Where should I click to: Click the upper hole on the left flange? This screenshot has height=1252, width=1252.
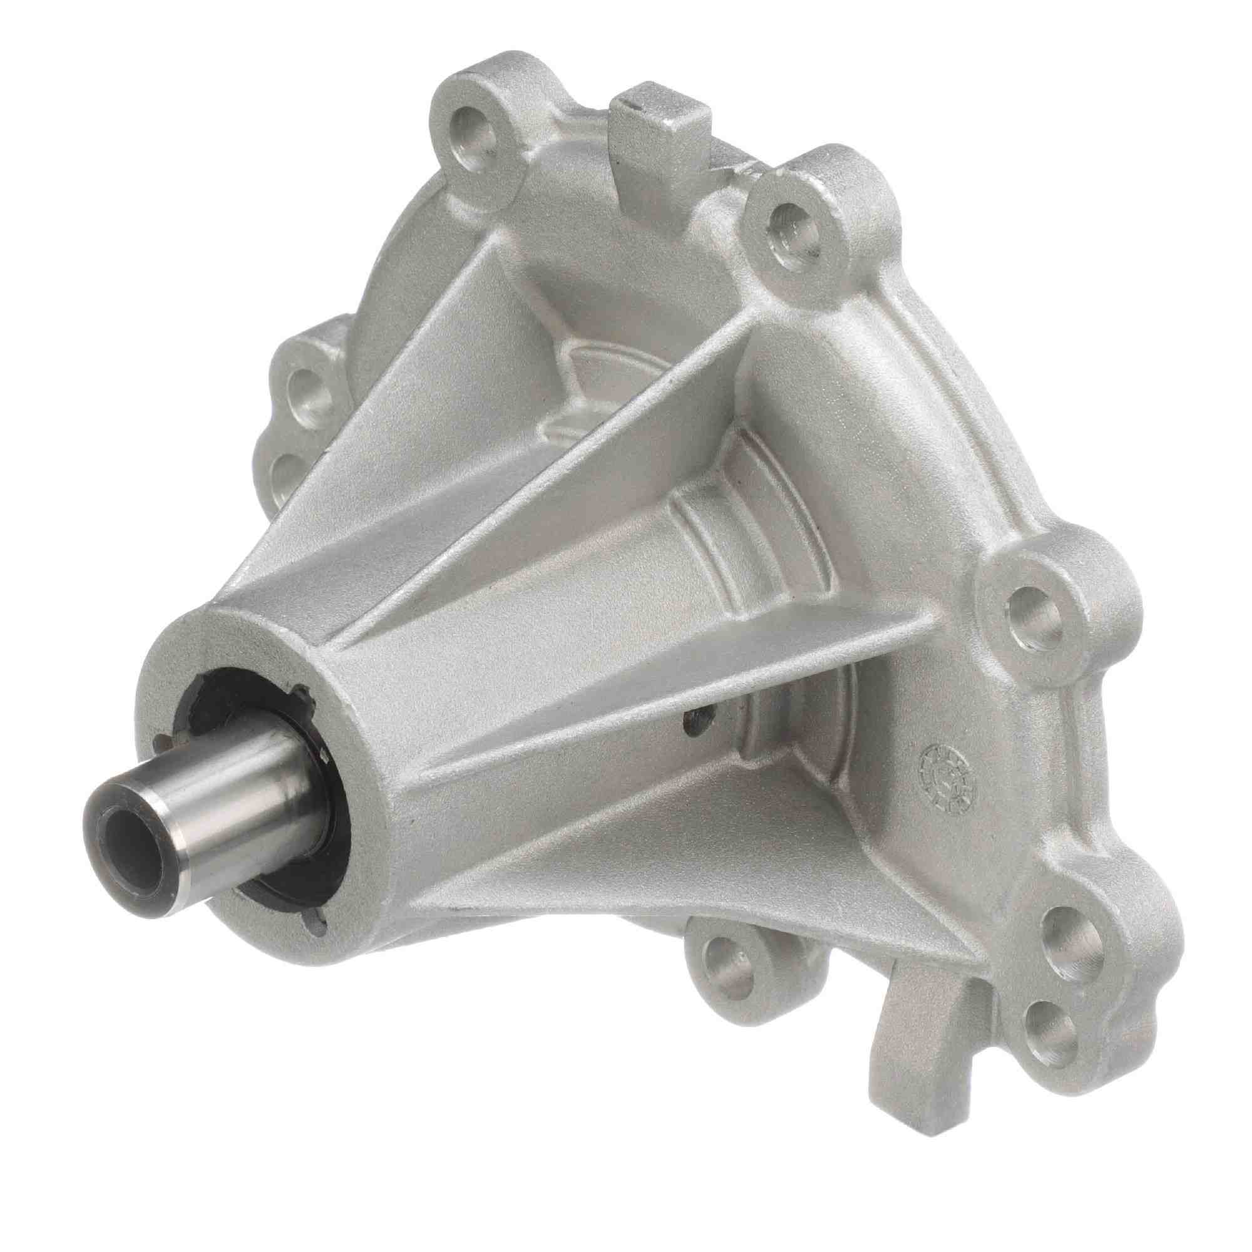tap(310, 381)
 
